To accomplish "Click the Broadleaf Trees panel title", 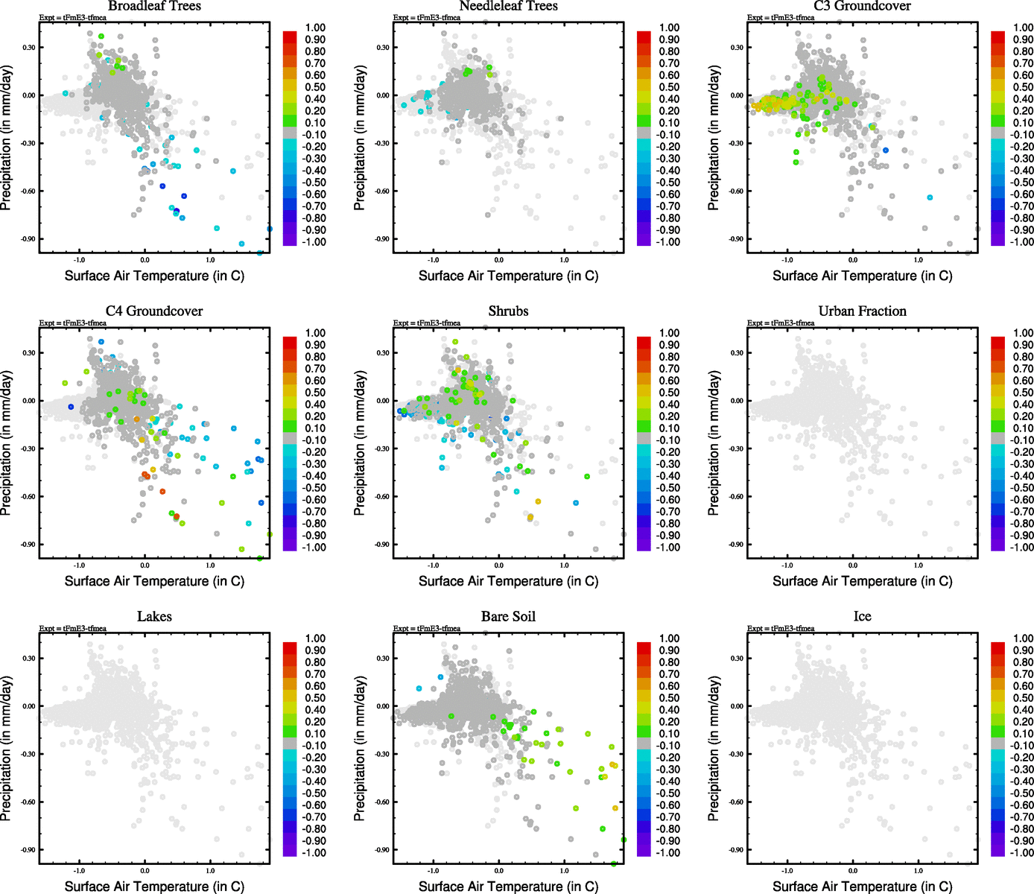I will (x=154, y=6).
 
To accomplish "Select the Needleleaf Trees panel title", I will (x=508, y=6).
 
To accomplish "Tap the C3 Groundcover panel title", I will (x=862, y=6).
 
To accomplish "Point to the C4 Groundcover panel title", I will (x=154, y=311).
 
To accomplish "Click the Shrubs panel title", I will (x=508, y=311).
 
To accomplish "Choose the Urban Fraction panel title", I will (x=862, y=311).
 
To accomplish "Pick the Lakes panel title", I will (x=154, y=617).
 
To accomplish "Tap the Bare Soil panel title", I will (x=508, y=617).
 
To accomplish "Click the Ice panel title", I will (x=862, y=617).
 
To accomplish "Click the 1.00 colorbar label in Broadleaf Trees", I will (x=315, y=28).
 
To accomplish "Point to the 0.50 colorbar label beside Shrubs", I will (x=669, y=393).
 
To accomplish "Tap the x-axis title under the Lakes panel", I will (x=154, y=887).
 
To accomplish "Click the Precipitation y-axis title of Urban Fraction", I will (x=714, y=443).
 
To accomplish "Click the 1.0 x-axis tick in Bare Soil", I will (x=564, y=870).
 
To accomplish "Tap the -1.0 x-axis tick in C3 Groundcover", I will (x=787, y=260).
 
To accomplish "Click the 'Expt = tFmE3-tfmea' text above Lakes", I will (x=73, y=629).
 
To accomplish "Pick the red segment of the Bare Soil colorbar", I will (x=644, y=646).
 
